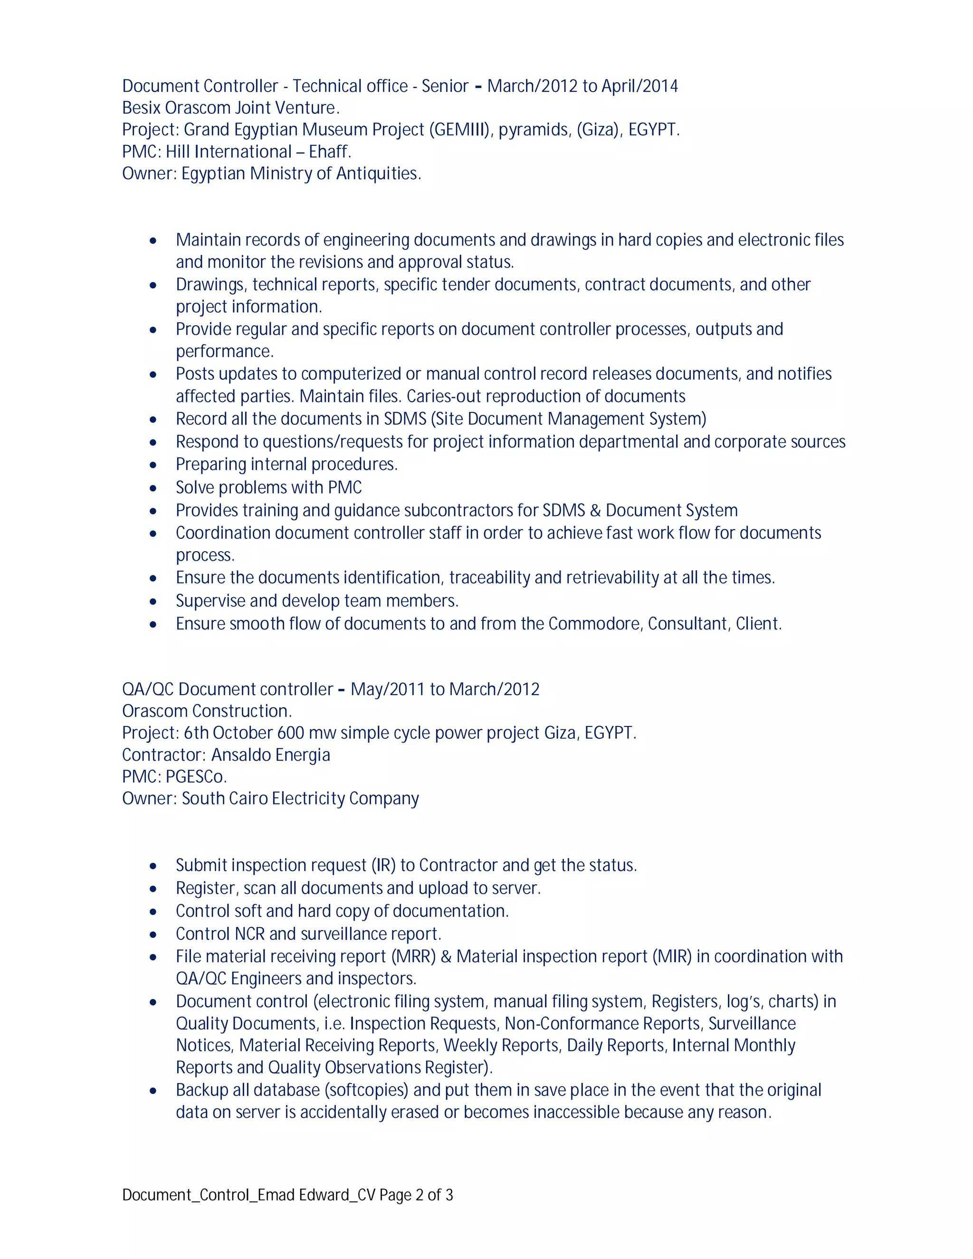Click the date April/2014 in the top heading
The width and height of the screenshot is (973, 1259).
640,86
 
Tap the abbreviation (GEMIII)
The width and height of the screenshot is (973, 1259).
459,129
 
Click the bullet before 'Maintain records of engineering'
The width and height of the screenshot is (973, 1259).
153,240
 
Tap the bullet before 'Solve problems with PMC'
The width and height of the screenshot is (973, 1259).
153,488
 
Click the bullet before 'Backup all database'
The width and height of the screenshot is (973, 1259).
153,1091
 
